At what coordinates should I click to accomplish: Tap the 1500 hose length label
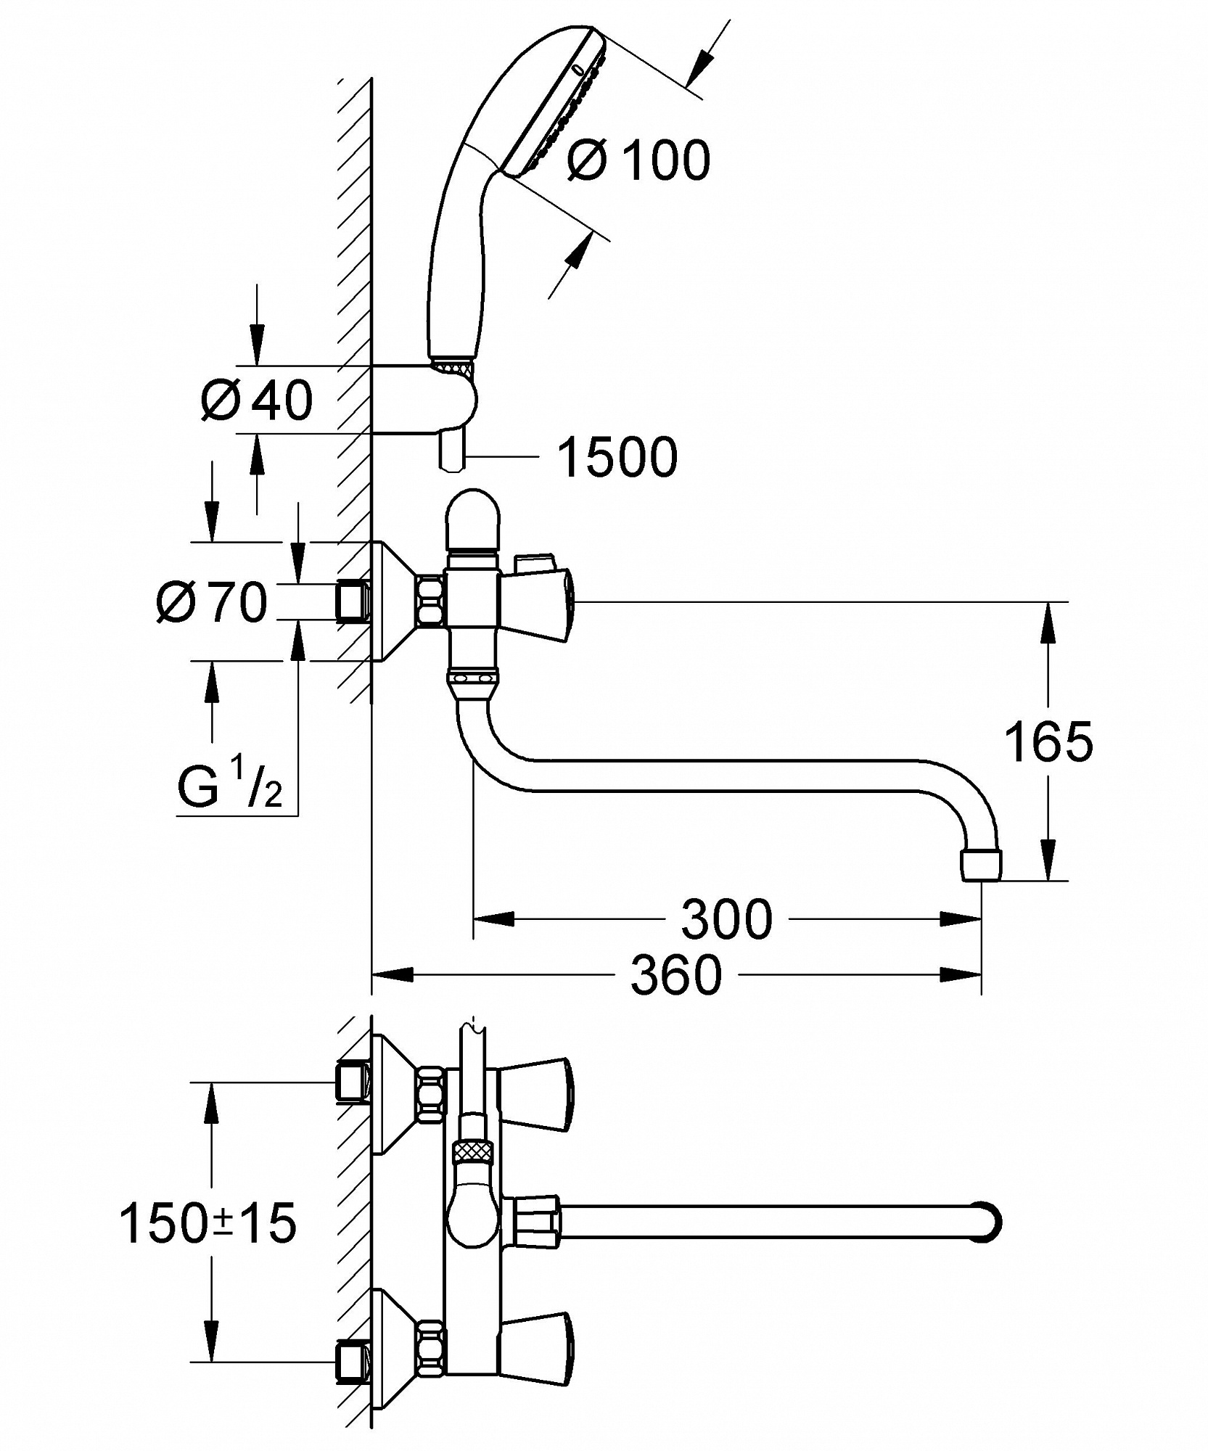coord(617,457)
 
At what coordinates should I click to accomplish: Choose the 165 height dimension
coord(1048,741)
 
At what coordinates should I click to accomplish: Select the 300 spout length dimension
coord(727,919)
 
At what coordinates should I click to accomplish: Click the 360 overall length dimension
coord(676,974)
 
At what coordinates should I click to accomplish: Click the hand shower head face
coord(559,102)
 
